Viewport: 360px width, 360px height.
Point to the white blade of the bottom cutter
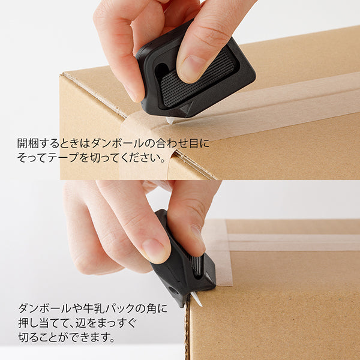tap(196, 298)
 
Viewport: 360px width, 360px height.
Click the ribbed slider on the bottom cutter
tap(197, 264)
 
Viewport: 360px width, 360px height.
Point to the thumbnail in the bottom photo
tap(196, 233)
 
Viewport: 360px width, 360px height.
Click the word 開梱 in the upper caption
tap(27, 144)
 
